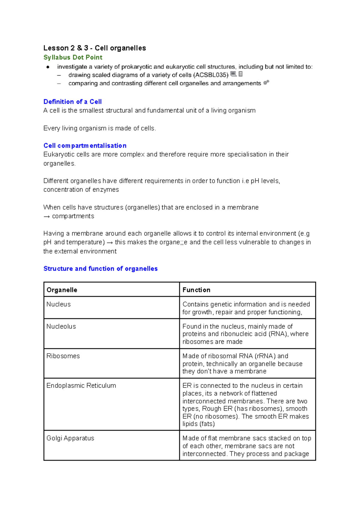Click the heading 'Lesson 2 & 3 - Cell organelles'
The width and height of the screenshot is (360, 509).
[94, 48]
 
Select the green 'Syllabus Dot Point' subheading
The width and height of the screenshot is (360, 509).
[73, 57]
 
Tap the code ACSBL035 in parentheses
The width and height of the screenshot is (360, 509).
[211, 75]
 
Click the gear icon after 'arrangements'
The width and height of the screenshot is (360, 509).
[266, 82]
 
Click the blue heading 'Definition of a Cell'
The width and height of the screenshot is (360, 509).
[73, 102]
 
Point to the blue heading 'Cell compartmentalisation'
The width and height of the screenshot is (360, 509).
[85, 146]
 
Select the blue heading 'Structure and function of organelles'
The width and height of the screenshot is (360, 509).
[100, 269]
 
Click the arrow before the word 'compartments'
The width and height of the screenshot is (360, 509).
[46, 217]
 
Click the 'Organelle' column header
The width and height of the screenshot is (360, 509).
[62, 290]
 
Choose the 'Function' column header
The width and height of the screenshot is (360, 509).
[196, 290]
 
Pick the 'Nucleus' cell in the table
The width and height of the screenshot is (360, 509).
[58, 304]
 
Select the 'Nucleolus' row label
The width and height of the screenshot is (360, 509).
[61, 327]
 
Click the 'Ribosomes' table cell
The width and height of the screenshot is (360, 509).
[63, 356]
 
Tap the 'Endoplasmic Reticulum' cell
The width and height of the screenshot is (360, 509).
[81, 386]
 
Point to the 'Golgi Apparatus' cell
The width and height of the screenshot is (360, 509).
[70, 438]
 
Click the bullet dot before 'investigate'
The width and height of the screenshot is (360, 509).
[48, 67]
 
